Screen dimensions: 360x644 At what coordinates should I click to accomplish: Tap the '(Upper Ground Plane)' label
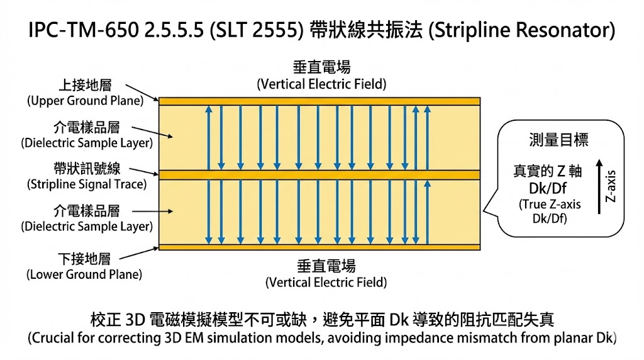(85, 101)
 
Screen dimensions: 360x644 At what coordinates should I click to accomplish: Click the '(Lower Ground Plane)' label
(84, 274)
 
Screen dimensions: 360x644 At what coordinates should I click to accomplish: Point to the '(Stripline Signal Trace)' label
(87, 184)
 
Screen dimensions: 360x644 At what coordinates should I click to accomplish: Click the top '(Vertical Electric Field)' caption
(322, 84)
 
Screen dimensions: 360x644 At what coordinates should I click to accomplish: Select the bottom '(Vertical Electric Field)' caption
(326, 282)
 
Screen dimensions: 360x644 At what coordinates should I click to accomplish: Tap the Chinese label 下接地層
(84, 259)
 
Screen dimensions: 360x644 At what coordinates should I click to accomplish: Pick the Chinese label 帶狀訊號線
(87, 169)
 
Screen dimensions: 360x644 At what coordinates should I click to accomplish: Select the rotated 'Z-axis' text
(610, 186)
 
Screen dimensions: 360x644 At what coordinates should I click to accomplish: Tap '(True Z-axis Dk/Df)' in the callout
(548, 211)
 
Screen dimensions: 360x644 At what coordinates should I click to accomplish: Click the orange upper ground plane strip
(319, 101)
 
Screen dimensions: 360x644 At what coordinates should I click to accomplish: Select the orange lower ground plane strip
(319, 247)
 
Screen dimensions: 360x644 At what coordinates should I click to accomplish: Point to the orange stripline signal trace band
(319, 174)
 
